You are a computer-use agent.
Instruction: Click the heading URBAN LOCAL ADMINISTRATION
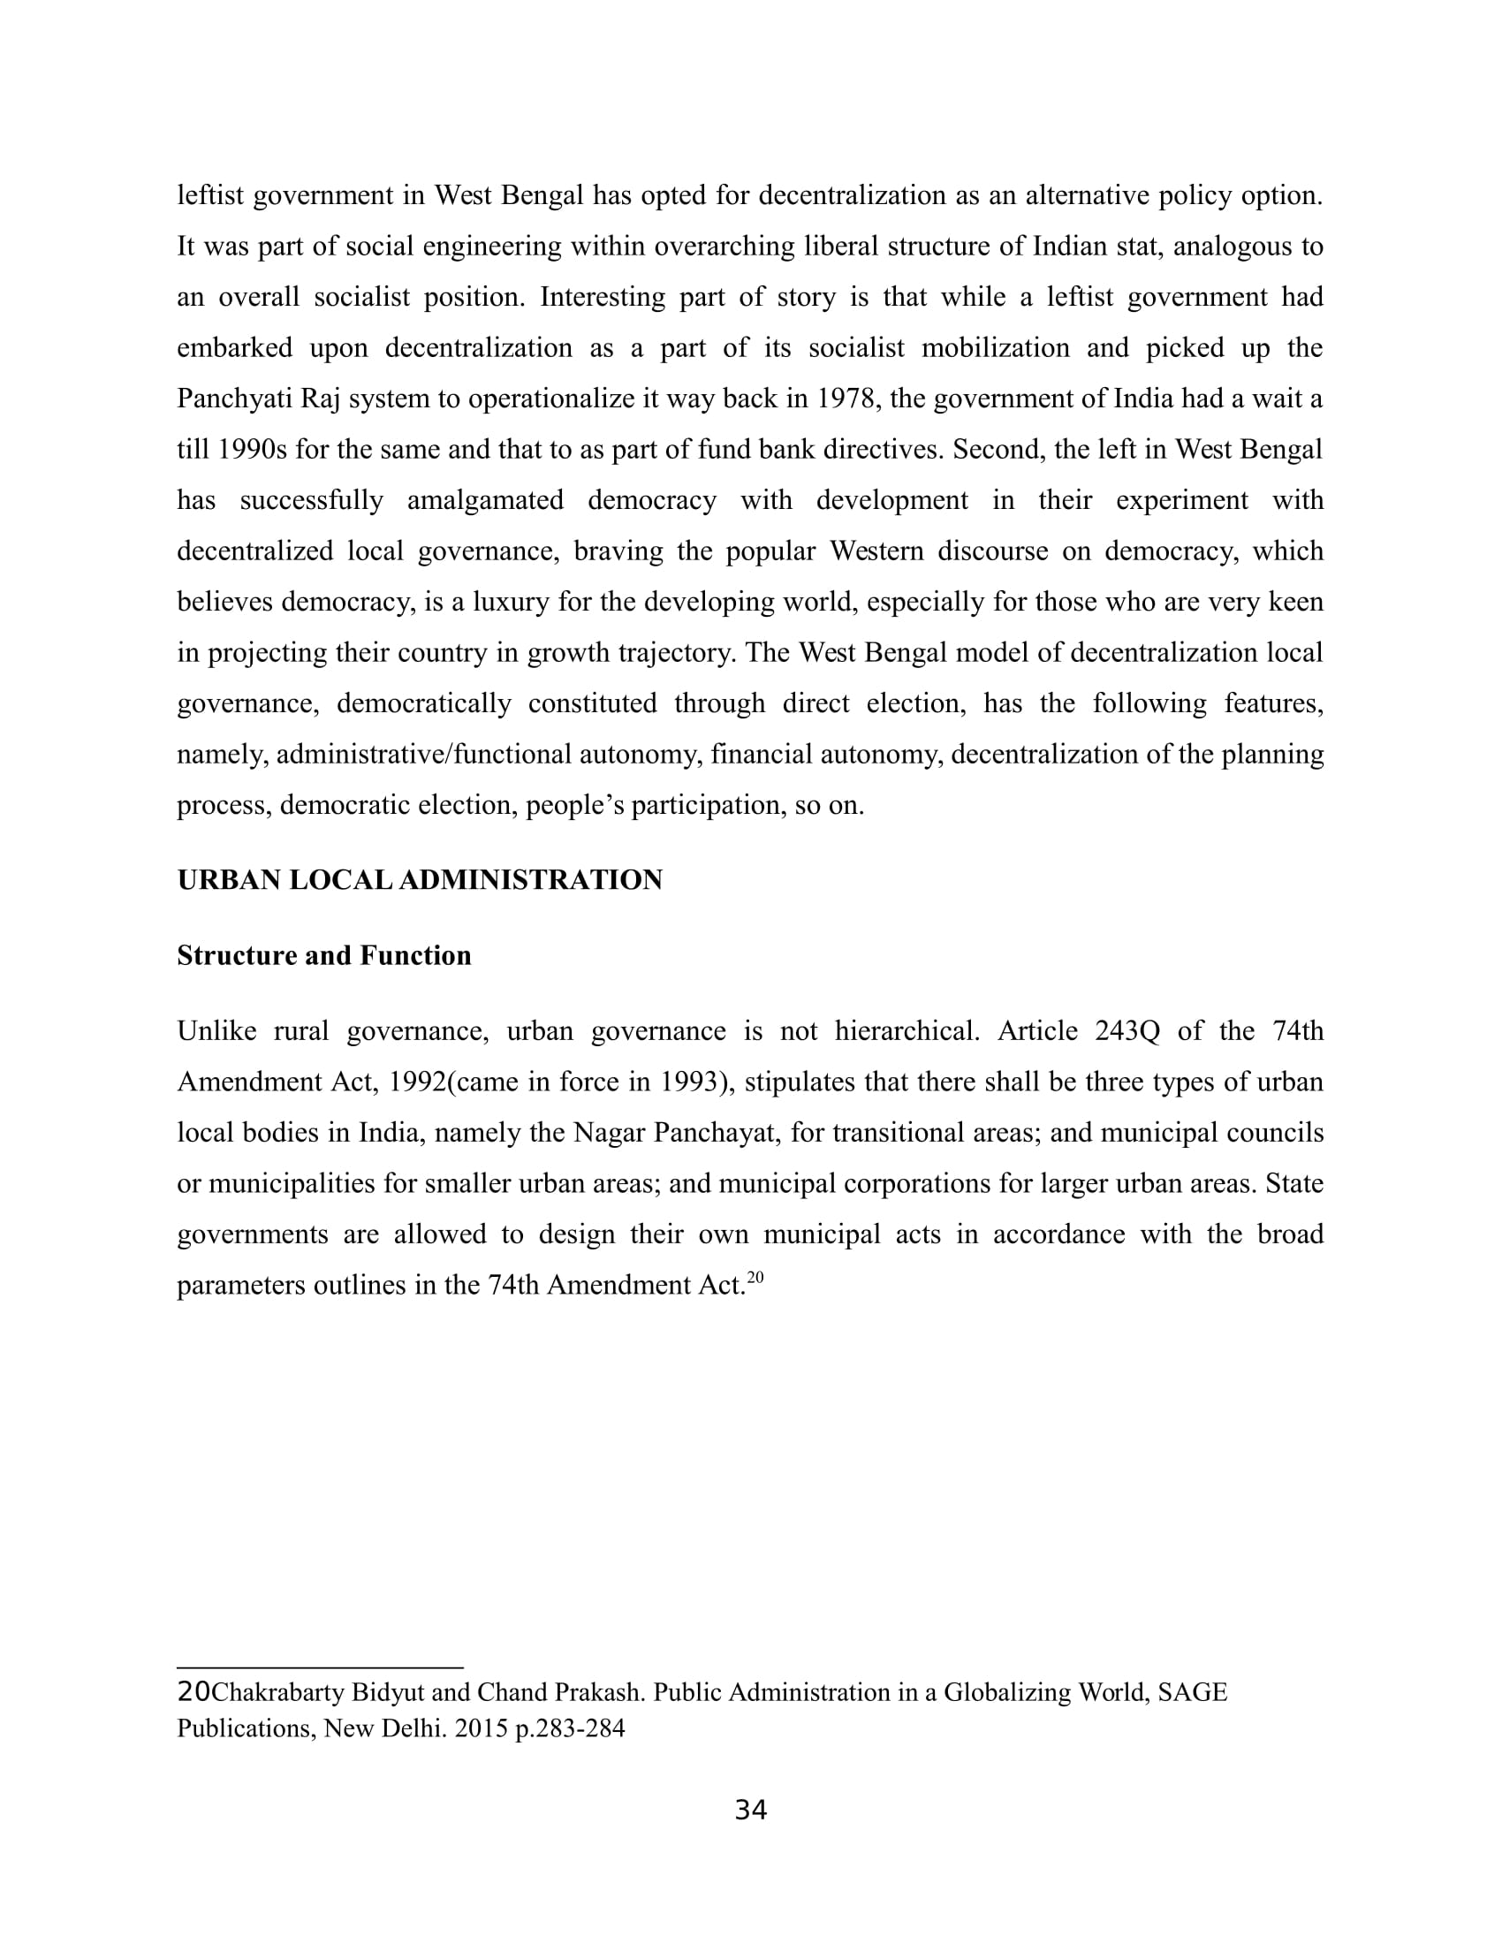coord(419,880)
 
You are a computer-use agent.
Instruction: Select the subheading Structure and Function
coord(324,956)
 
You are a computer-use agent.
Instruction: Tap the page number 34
coord(750,1810)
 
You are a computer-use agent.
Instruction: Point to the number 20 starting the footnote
coord(193,1691)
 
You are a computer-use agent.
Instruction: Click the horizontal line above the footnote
coord(321,1667)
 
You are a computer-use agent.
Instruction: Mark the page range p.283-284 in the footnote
coord(570,1728)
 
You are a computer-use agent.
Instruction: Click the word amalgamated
coord(485,500)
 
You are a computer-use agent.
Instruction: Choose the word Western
coord(876,552)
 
